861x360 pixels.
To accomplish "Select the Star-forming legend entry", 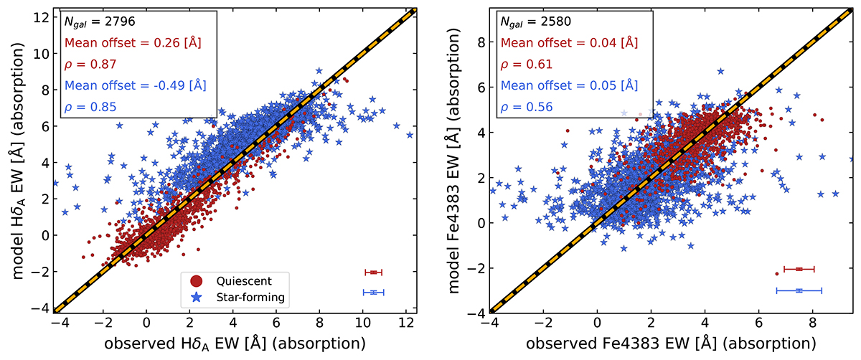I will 244,296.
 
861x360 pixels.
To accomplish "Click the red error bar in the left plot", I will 373,273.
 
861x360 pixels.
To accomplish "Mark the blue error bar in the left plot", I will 374,292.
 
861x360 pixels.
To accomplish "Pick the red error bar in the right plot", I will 799,269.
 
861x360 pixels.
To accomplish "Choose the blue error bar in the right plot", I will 799,290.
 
